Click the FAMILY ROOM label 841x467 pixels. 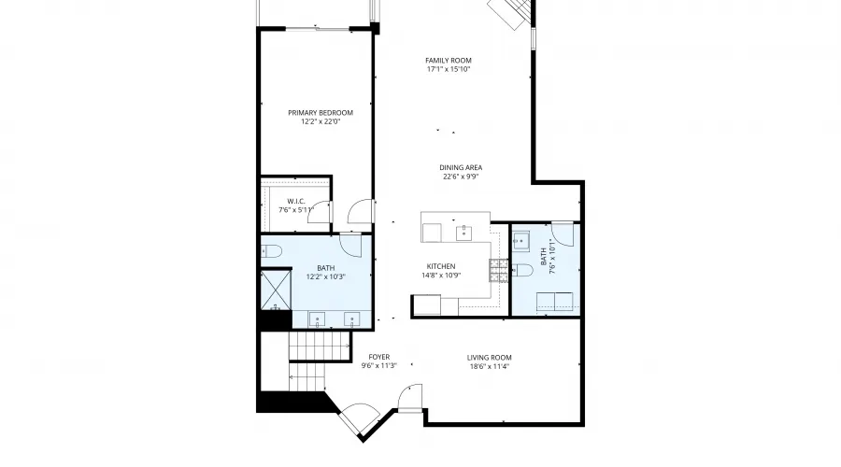449,61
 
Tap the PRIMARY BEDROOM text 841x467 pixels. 321,112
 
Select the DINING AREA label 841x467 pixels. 461,168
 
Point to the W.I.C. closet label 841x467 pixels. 297,201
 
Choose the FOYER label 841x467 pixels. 378,357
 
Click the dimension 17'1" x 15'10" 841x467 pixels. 449,69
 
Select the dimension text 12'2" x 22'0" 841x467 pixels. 321,121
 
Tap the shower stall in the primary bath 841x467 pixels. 276,290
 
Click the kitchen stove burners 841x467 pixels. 496,271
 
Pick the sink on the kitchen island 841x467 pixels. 463,229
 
